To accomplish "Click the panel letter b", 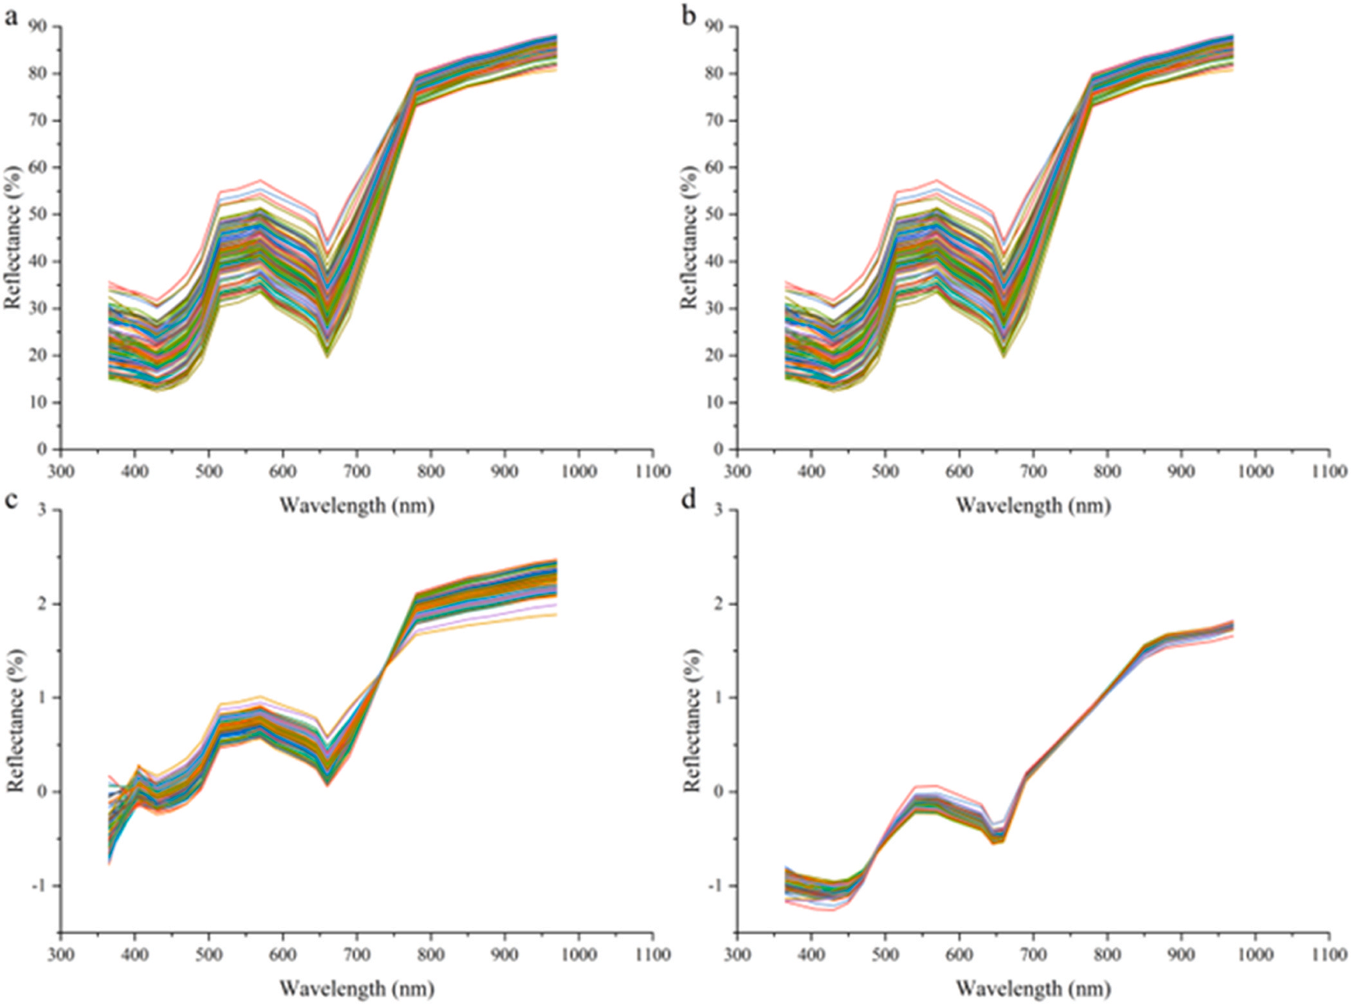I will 689,17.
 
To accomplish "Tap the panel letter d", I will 689,501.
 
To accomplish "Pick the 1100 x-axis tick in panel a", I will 652,472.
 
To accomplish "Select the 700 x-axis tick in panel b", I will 1033,472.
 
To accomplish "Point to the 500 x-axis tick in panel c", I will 208,955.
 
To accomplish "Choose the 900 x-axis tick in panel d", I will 1181,955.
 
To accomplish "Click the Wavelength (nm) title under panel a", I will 357,506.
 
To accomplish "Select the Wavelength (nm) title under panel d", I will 1033,988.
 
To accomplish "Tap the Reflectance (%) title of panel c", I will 15,721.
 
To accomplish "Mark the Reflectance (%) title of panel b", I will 691,238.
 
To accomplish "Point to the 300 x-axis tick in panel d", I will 737,955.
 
